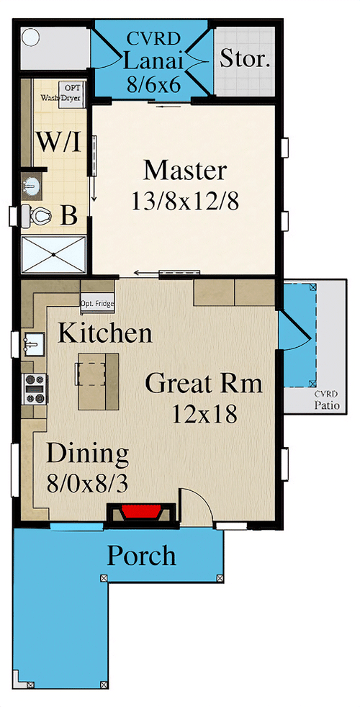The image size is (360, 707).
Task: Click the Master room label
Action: click(185, 171)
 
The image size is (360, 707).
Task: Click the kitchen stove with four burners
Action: click(35, 389)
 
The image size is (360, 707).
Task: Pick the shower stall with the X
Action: click(53, 254)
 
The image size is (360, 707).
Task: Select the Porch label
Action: click(141, 556)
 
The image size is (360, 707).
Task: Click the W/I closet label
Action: click(58, 142)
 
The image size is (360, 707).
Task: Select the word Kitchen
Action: click(104, 333)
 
